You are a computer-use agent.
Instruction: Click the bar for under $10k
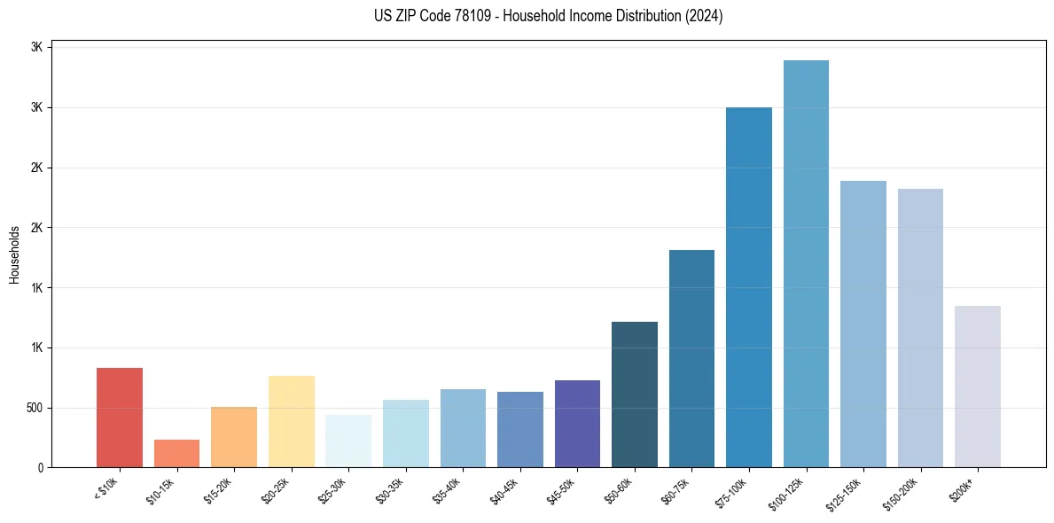120,418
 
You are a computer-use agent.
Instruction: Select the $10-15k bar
176,454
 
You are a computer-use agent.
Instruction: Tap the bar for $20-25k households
291,421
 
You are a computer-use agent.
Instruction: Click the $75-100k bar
748,287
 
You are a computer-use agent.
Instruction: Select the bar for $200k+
977,386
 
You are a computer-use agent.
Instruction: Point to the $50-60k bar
634,394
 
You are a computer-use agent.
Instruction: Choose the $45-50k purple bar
577,424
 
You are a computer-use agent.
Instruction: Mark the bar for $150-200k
920,328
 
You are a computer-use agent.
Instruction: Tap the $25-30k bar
348,441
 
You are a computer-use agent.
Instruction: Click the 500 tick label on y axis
34,409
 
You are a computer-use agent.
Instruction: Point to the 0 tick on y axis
41,468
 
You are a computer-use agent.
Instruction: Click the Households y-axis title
14,254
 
